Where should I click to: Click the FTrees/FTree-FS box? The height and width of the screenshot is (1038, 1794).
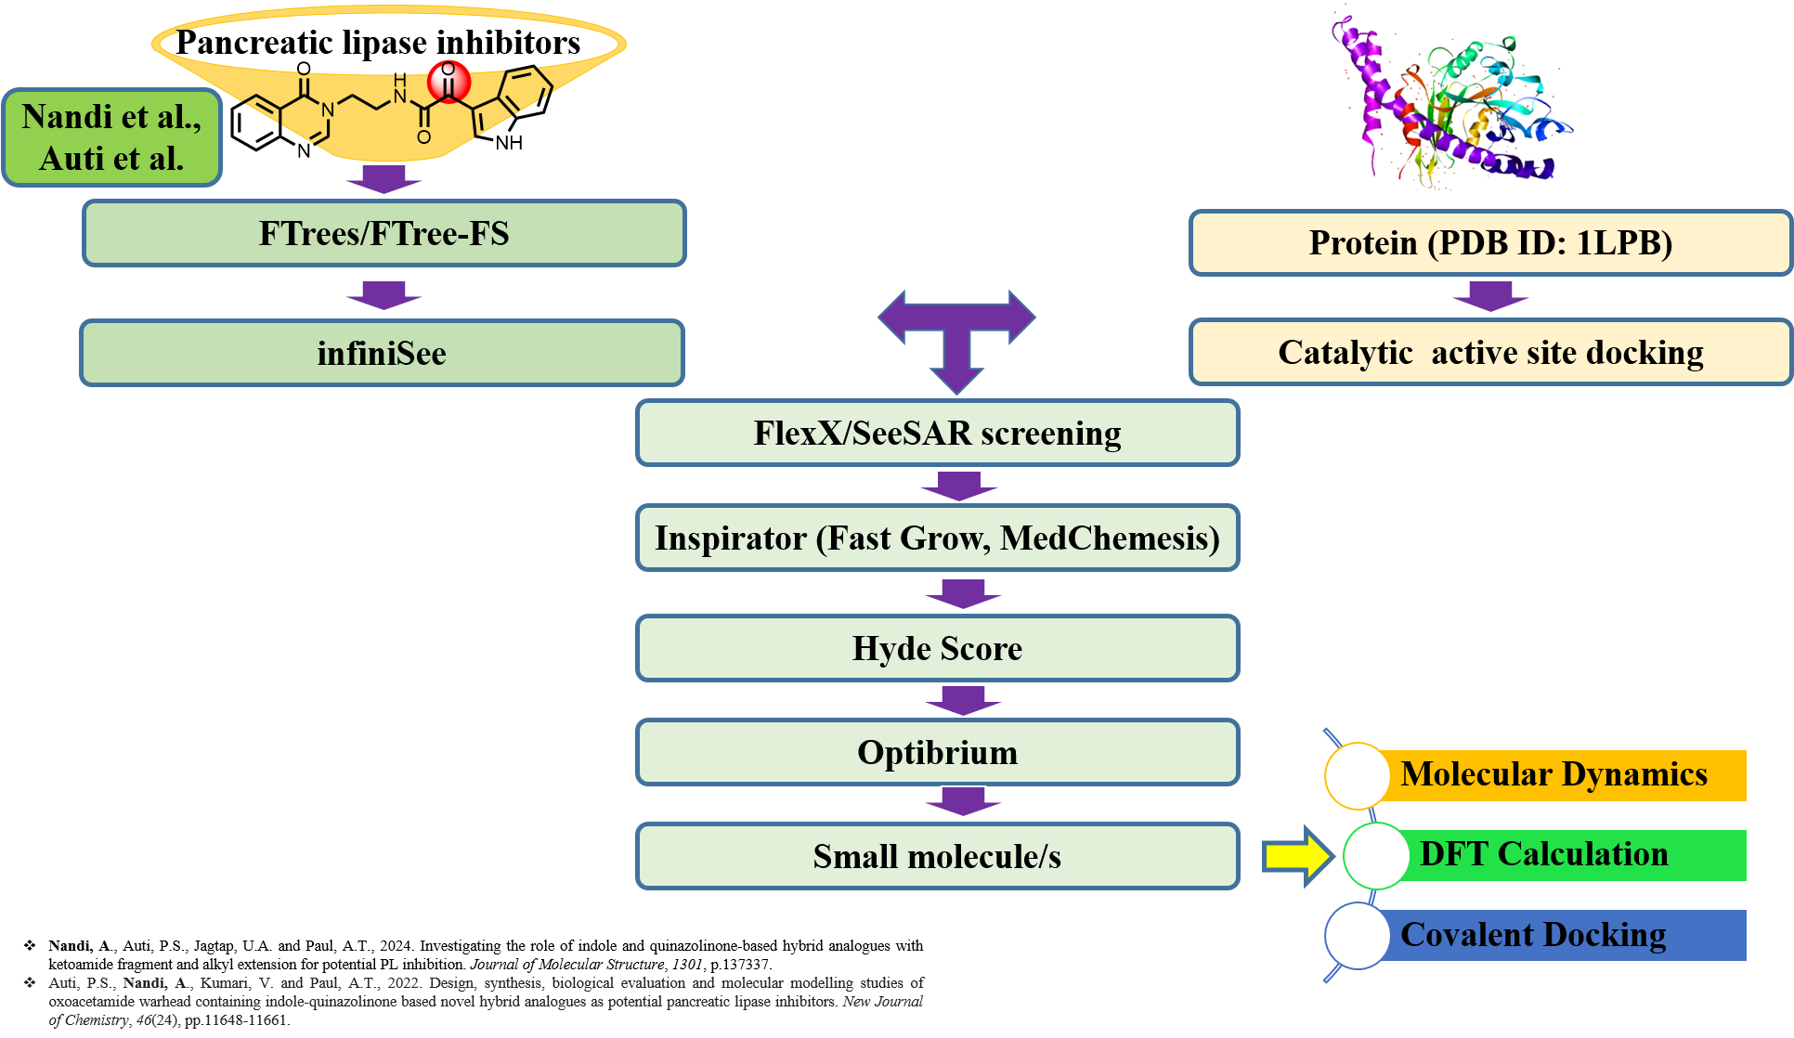click(x=383, y=233)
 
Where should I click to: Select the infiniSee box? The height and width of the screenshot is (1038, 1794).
click(x=382, y=353)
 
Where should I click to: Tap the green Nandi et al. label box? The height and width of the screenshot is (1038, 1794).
click(x=111, y=137)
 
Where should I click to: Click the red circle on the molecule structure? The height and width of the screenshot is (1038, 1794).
click(x=448, y=82)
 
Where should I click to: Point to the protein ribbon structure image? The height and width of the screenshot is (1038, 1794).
click(x=1446, y=104)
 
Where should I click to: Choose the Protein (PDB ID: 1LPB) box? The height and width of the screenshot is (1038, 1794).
click(x=1489, y=242)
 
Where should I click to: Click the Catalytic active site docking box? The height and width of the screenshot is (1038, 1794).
click(x=1489, y=353)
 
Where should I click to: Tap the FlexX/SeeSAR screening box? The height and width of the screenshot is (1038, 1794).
click(x=937, y=433)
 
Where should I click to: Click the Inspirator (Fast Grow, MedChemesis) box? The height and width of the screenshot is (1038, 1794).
click(x=937, y=538)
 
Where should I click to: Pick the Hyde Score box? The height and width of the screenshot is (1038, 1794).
click(x=937, y=648)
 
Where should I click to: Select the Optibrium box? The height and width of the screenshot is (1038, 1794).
click(x=937, y=752)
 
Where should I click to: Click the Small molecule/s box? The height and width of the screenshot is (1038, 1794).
click(x=937, y=856)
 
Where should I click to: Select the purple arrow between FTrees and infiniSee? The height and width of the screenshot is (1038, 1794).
click(x=383, y=294)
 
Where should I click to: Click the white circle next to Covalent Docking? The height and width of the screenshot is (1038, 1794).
click(x=1357, y=936)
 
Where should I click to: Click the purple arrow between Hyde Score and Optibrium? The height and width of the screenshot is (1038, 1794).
click(x=963, y=700)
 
